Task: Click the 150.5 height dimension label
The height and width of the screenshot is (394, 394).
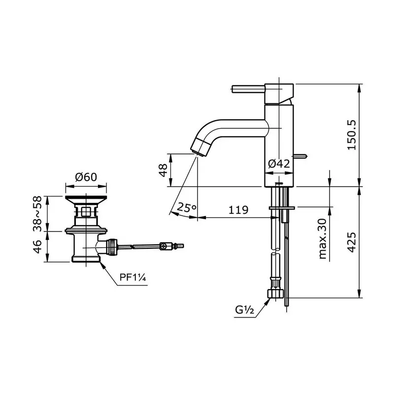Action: click(x=351, y=135)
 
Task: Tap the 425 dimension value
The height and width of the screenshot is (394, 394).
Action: click(x=351, y=242)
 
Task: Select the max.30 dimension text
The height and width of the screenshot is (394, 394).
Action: click(x=323, y=239)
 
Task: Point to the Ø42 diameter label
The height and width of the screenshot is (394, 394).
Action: click(x=279, y=164)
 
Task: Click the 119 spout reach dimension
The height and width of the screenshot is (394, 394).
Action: click(x=238, y=210)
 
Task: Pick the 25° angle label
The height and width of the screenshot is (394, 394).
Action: click(x=187, y=207)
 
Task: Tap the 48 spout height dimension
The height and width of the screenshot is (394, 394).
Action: click(x=164, y=170)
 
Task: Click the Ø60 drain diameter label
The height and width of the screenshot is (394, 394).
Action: click(x=86, y=177)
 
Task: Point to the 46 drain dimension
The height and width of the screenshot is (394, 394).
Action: click(x=37, y=247)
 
